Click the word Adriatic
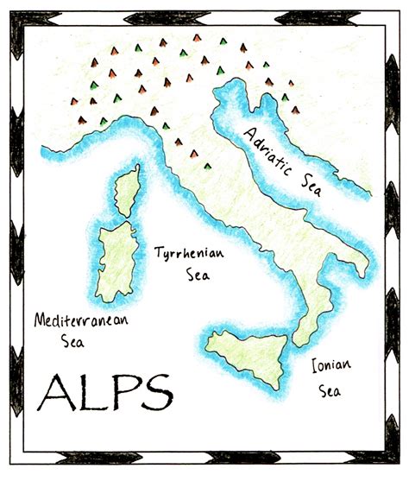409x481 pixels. (272, 149)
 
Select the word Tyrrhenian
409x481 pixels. (189, 256)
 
